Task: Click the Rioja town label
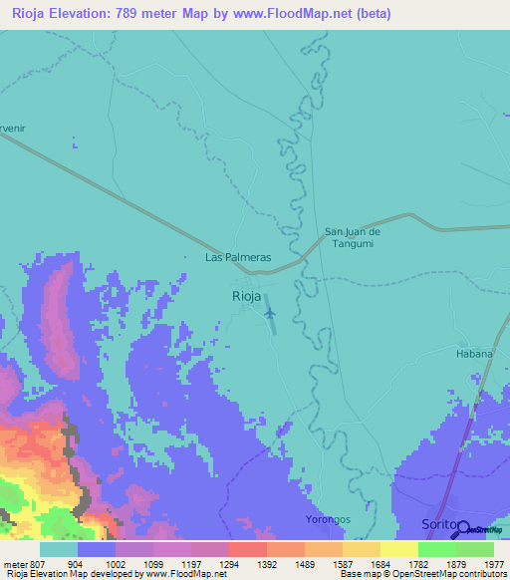(246, 296)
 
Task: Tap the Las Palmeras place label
(238, 256)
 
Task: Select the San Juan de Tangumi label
(354, 238)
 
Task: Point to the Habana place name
(474, 353)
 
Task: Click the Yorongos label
(328, 520)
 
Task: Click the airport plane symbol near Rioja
(270, 313)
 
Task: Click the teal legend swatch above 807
(59, 549)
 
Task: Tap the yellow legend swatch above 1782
(399, 549)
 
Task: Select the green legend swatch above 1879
(437, 549)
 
